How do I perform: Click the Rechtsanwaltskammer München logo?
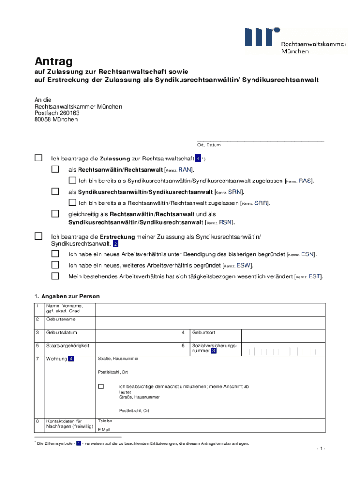click(295, 41)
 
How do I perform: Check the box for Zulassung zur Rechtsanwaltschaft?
click(38, 158)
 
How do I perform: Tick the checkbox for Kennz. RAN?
click(56, 169)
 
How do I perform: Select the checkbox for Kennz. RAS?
click(72, 180)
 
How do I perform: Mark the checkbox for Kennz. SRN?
click(56, 191)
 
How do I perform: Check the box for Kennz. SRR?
click(72, 203)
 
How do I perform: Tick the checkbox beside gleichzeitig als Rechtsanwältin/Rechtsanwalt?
click(56, 214)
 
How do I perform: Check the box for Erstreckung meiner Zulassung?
click(38, 236)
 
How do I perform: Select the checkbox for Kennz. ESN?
click(56, 254)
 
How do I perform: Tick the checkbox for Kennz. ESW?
click(56, 265)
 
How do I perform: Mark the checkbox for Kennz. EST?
click(56, 276)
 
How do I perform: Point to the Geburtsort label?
click(203, 333)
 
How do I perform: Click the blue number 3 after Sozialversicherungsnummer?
click(213, 351)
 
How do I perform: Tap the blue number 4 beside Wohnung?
click(71, 359)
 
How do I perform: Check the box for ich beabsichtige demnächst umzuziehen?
click(101, 386)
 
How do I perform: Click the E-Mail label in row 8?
click(104, 429)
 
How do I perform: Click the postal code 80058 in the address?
click(42, 120)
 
